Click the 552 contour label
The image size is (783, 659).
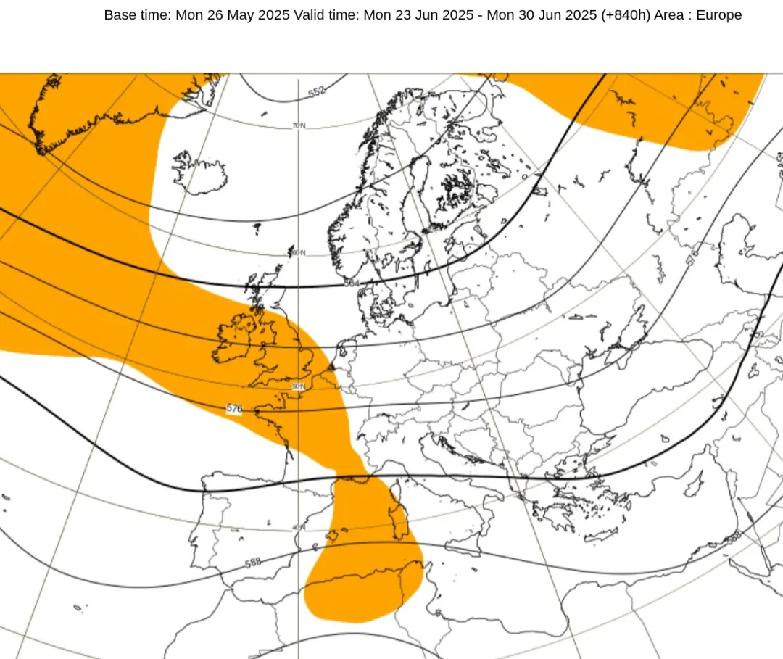317,92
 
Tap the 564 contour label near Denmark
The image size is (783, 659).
352,283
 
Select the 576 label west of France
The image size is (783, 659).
233,409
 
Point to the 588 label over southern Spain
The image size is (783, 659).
253,563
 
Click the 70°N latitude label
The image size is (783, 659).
299,125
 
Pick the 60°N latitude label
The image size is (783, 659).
299,252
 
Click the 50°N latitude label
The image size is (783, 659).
299,386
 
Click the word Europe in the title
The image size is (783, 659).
719,14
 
